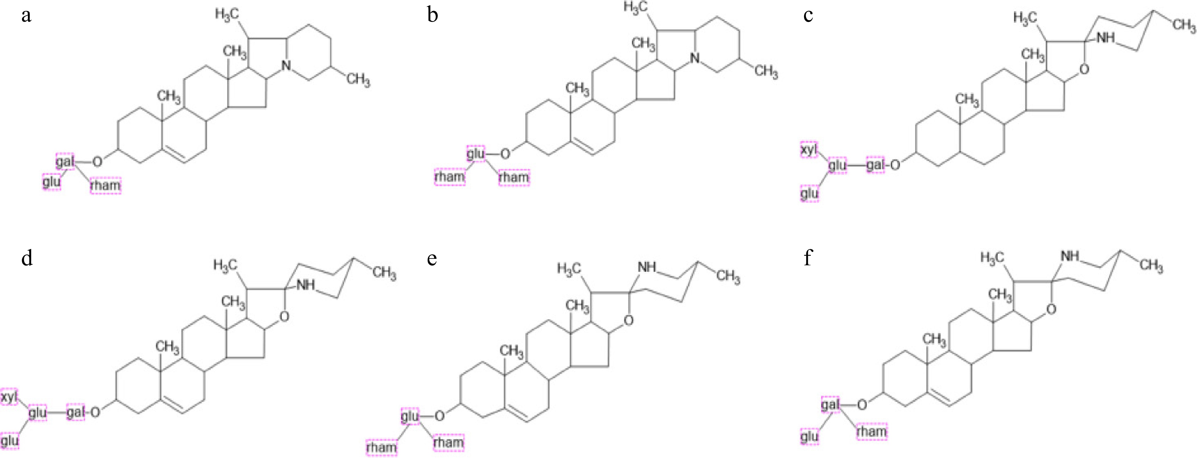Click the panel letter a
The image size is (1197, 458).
26,15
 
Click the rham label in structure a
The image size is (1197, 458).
106,185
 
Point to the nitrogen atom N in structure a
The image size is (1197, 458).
286,66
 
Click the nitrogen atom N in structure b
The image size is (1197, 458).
695,58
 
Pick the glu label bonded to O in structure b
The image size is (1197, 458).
476,153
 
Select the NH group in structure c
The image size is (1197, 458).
1106,38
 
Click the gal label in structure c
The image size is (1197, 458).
875,165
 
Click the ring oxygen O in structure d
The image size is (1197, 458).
284,317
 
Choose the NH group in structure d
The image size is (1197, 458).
305,285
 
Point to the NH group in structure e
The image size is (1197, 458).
646,267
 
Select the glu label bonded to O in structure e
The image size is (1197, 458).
410,416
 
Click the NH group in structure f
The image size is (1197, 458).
1069,256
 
